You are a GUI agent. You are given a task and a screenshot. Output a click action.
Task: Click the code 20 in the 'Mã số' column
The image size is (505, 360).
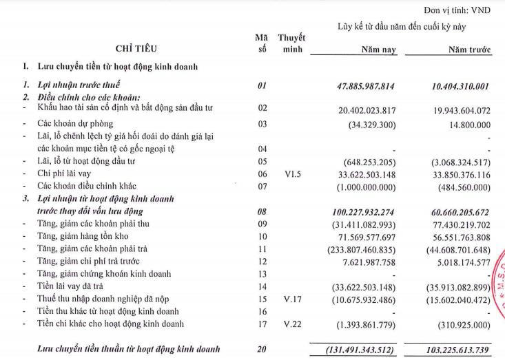(261, 349)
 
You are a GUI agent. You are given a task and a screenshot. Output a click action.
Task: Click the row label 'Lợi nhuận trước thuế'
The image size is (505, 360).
(81, 86)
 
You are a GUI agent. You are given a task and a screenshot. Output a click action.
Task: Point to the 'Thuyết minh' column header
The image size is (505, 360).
(291, 43)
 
